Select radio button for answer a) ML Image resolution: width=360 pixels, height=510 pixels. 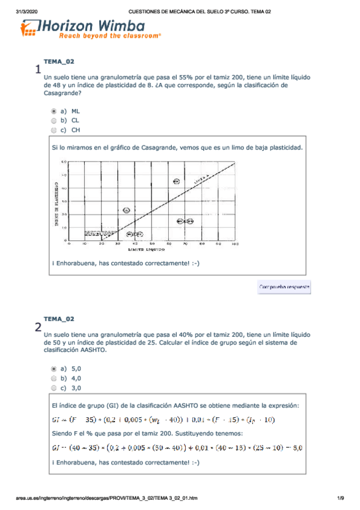[x=53, y=111]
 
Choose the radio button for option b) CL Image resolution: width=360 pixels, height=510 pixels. [x=53, y=120]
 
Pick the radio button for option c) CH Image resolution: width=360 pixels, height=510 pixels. [x=53, y=129]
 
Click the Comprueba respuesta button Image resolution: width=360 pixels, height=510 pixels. [x=284, y=287]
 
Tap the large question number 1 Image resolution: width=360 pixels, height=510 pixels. [x=38, y=70]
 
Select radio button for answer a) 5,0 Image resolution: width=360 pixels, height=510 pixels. [x=53, y=369]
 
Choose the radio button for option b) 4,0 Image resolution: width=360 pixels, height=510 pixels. [x=53, y=378]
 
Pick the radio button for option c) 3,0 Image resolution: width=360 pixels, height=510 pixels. [x=53, y=388]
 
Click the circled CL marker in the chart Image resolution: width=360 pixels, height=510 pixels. [x=126, y=210]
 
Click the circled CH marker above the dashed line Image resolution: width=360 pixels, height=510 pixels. [x=176, y=181]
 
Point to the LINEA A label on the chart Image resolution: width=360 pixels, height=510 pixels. [x=202, y=179]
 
